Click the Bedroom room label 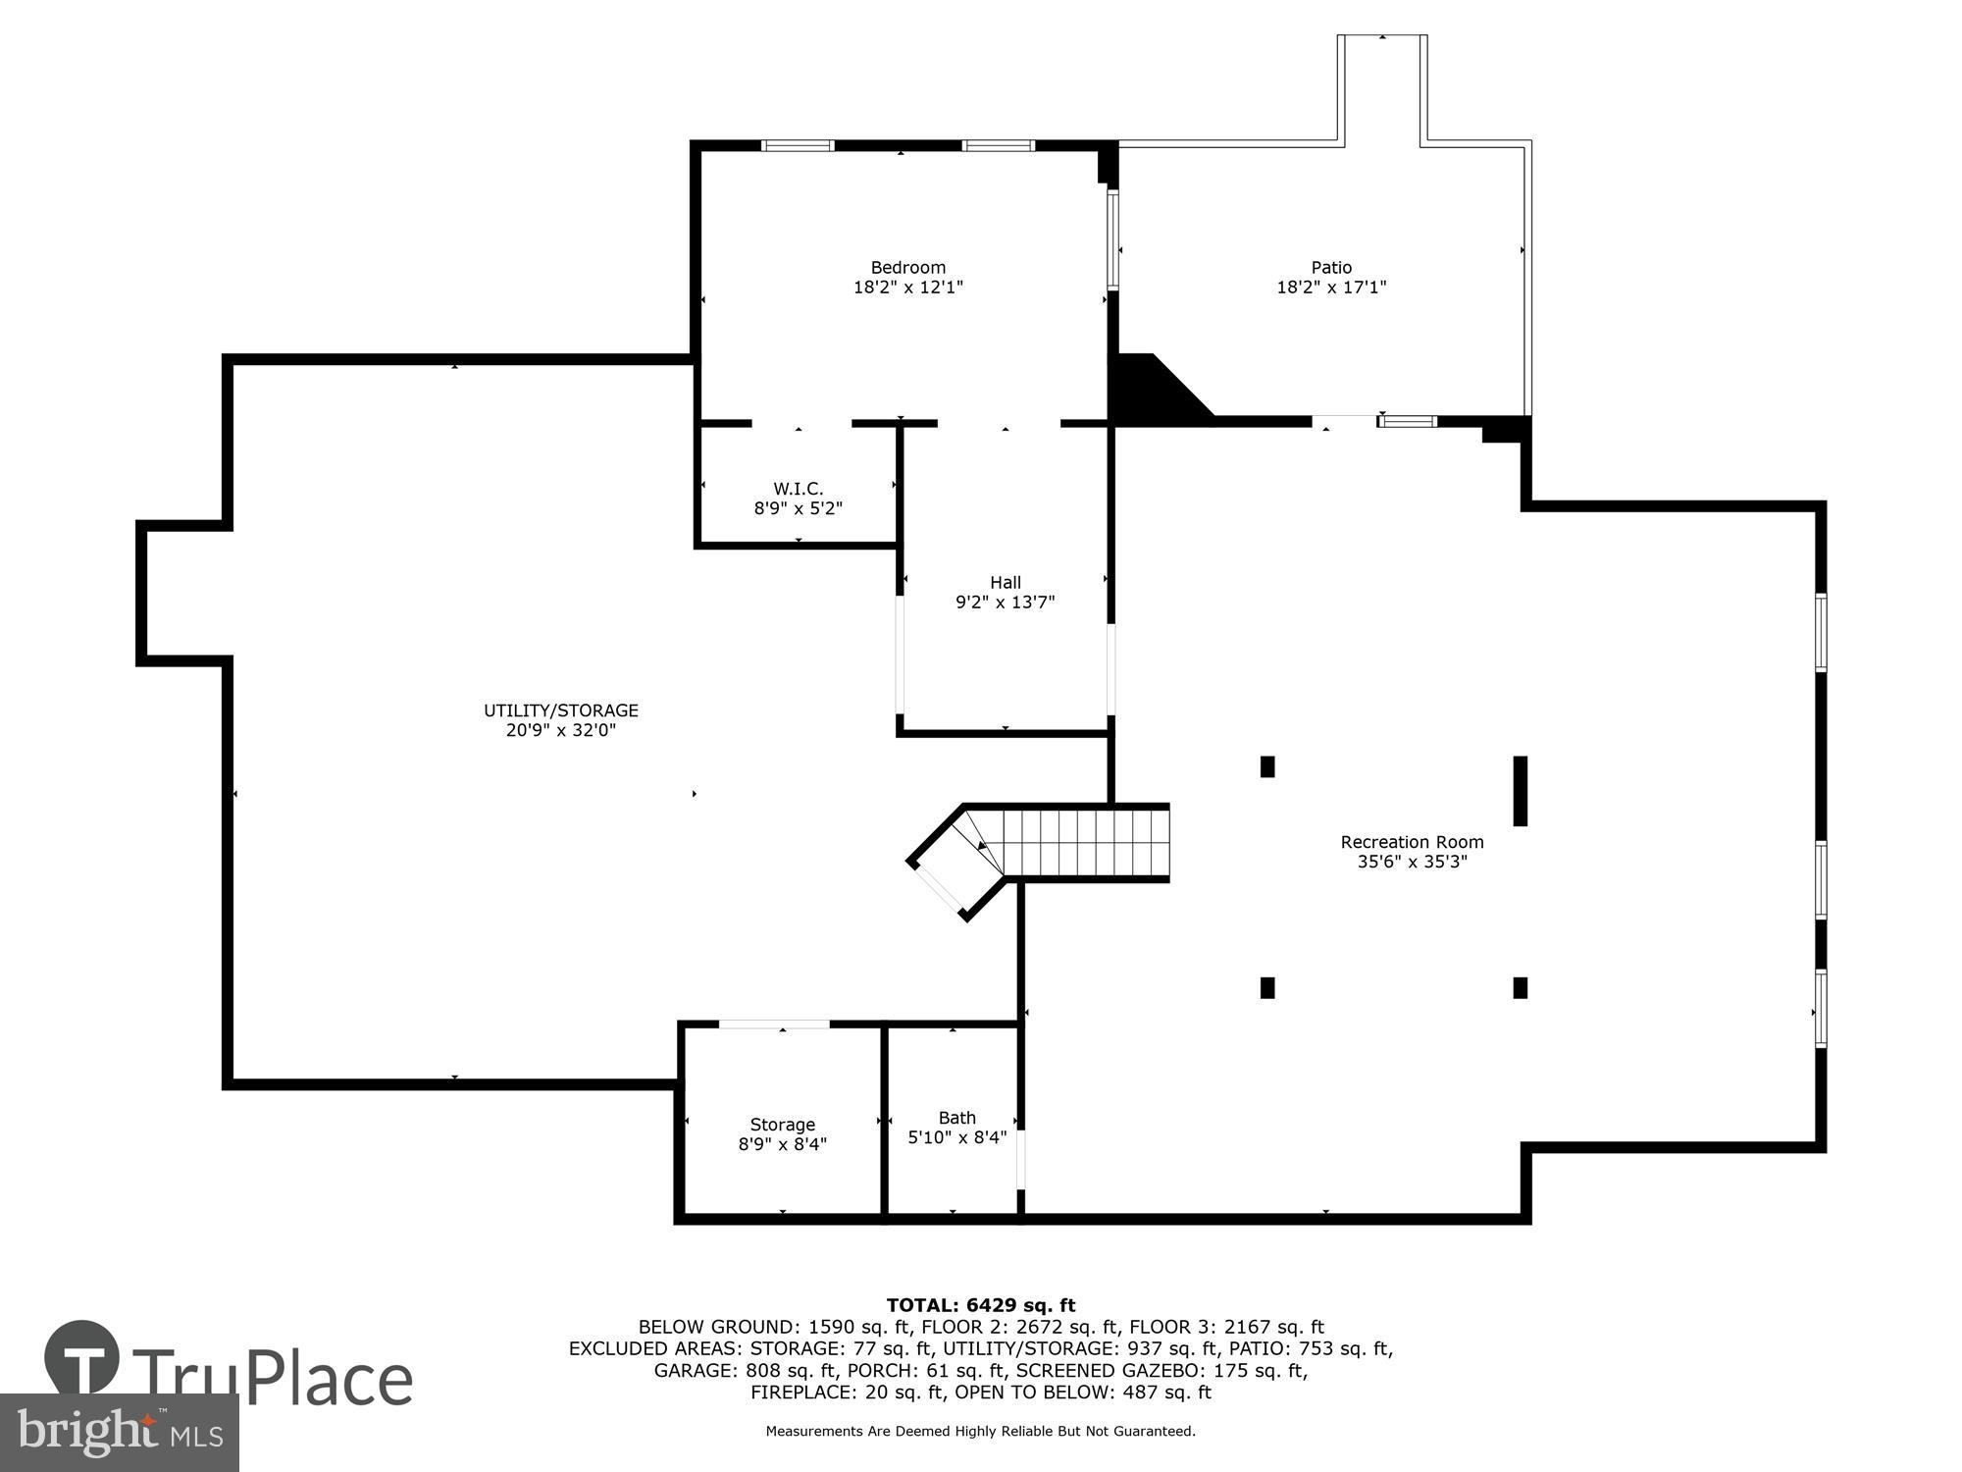(907, 267)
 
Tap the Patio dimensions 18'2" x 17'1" (1331, 288)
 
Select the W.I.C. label (798, 488)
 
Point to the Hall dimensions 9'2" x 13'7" (1005, 603)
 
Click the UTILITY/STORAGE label (560, 710)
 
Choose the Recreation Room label (1412, 842)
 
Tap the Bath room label (956, 1118)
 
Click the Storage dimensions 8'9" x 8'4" (782, 1144)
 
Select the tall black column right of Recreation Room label (1520, 790)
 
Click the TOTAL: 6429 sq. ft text (981, 1305)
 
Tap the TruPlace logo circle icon (82, 1358)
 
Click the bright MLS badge (119, 1433)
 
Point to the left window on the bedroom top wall (798, 146)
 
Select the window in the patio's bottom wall (1408, 422)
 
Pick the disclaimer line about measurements (981, 1432)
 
